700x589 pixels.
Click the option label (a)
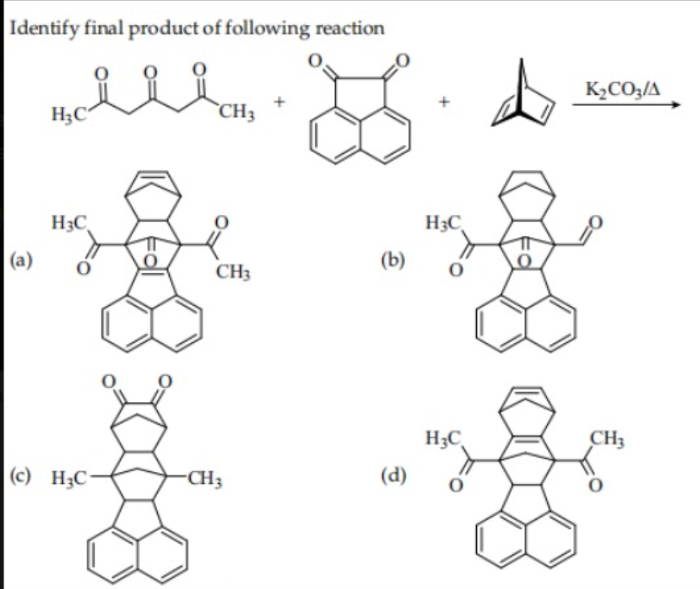[x=20, y=260]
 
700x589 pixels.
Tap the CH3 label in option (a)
[x=232, y=270]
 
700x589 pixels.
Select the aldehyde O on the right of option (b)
[x=597, y=223]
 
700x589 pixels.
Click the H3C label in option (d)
[x=442, y=436]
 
